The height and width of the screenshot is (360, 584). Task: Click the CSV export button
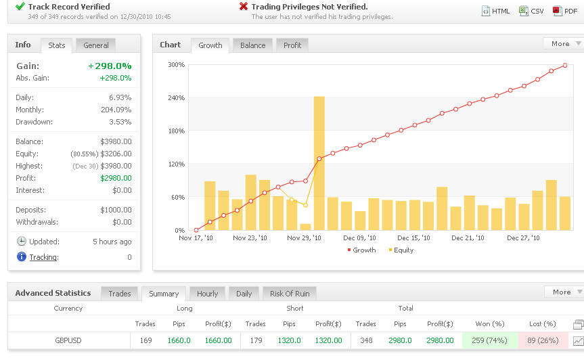531,11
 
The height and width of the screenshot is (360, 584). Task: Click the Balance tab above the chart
252,45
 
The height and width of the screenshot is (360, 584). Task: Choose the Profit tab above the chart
292,45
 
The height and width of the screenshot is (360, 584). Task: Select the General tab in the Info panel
96,45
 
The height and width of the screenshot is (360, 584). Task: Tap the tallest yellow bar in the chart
319,162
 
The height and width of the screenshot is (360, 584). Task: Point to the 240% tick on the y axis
176,97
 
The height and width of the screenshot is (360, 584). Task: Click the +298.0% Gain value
110,66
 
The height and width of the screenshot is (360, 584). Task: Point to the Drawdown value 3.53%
120,122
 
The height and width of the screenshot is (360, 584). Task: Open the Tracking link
43,257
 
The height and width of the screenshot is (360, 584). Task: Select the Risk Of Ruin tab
289,294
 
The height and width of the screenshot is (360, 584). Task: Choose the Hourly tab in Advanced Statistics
207,294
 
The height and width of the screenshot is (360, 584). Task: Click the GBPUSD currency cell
68,340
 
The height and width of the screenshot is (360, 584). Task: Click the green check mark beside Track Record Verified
20,6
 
